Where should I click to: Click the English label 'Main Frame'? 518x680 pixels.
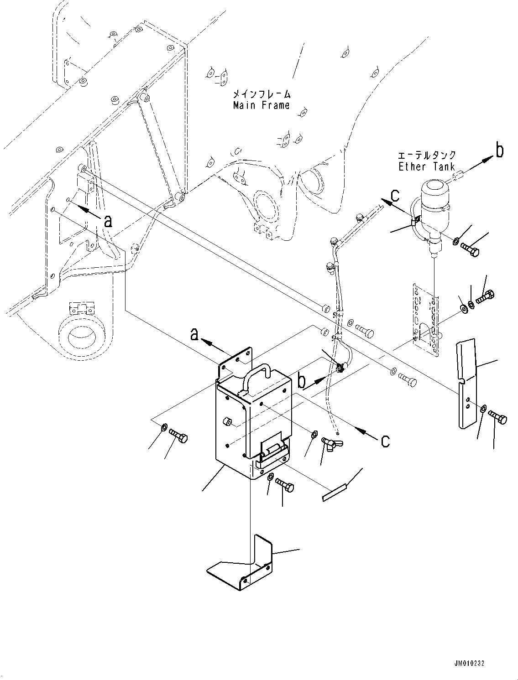pyautogui.click(x=261, y=106)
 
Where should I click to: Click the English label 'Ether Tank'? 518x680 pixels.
pyautogui.click(x=427, y=167)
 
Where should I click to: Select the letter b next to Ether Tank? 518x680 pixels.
pyautogui.click(x=500, y=151)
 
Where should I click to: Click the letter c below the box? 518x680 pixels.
pyautogui.click(x=385, y=441)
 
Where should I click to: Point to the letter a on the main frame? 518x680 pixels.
pyautogui.click(x=108, y=221)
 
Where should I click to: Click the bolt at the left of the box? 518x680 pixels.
pyautogui.click(x=178, y=436)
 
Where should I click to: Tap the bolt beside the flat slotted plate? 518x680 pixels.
pyautogui.click(x=497, y=417)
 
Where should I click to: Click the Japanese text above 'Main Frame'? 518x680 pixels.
pyautogui.click(x=261, y=94)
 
